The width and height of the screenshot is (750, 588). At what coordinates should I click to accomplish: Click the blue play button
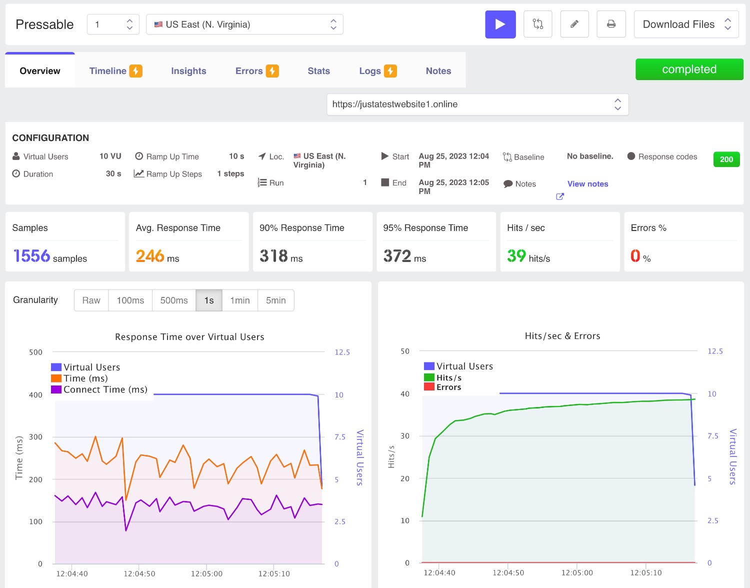click(500, 24)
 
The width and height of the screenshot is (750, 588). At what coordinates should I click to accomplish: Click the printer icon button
click(611, 24)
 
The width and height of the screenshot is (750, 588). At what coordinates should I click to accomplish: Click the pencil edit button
click(574, 24)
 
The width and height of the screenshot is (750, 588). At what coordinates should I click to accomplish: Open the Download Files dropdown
click(686, 24)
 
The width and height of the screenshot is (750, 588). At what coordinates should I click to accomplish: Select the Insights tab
click(188, 70)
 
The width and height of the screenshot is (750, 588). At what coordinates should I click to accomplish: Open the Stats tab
click(318, 70)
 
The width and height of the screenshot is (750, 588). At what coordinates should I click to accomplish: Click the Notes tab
click(438, 70)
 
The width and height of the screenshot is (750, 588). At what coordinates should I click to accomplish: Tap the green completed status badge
click(689, 69)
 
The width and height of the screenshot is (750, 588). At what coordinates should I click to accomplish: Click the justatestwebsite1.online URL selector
click(477, 104)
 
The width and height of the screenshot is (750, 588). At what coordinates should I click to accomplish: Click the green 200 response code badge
click(726, 159)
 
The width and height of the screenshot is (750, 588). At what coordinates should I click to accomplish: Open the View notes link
click(587, 184)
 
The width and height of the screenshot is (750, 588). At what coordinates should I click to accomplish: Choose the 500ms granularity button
click(174, 300)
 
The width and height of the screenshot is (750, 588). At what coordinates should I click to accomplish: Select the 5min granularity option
click(276, 300)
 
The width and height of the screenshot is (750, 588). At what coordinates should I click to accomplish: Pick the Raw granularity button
click(91, 300)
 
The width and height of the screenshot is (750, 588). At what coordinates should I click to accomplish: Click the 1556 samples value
click(32, 256)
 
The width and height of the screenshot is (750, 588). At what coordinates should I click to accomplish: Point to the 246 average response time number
click(150, 256)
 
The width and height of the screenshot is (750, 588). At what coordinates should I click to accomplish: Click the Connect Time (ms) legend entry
click(99, 389)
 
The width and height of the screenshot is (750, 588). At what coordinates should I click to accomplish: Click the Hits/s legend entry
click(443, 377)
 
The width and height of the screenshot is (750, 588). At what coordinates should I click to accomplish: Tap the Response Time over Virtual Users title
click(189, 337)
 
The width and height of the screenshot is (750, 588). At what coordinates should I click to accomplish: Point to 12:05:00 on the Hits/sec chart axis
click(576, 573)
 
